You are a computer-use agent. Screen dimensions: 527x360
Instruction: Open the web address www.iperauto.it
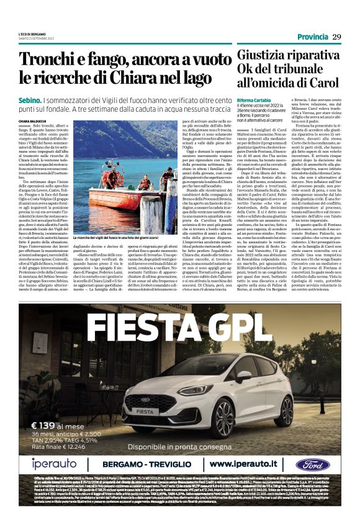(x=245, y=464)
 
